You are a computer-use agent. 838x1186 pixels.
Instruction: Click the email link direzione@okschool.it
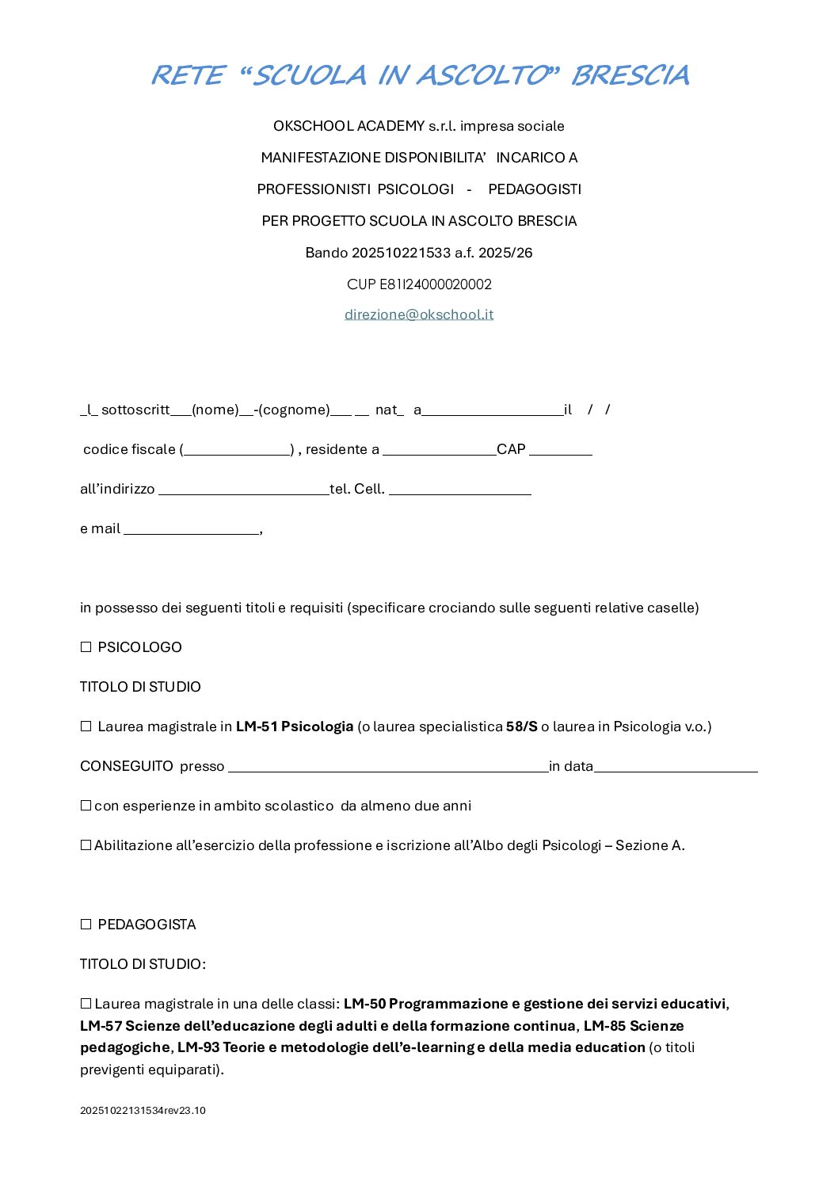coord(419,315)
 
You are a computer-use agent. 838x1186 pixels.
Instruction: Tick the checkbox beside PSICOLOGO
coord(86,647)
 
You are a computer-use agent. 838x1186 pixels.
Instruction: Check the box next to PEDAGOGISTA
coord(86,925)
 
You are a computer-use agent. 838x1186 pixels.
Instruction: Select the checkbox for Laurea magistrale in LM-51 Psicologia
coord(86,726)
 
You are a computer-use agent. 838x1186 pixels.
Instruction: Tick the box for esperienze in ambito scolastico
coord(86,806)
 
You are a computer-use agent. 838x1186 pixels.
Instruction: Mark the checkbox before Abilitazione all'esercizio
coord(86,845)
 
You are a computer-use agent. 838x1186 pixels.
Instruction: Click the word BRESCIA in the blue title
coord(630,75)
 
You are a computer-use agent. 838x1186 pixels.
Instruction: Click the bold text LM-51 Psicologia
coord(295,726)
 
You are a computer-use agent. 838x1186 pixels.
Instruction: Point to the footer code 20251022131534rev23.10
coord(143,1111)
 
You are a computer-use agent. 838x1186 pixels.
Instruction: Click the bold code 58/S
coord(522,726)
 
